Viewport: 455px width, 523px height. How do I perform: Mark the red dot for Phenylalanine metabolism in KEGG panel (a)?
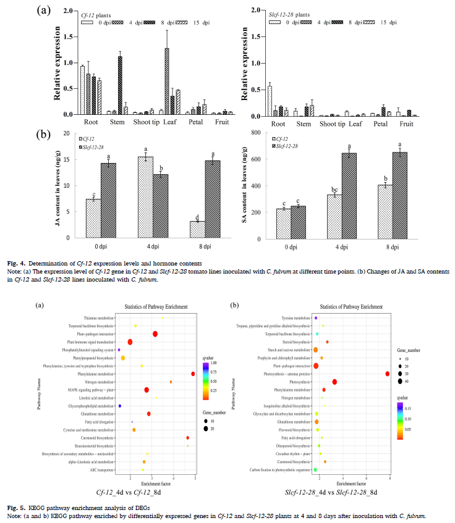coord(193,374)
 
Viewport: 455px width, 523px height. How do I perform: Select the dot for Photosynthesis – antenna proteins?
coord(388,374)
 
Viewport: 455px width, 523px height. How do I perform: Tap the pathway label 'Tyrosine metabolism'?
coord(294,317)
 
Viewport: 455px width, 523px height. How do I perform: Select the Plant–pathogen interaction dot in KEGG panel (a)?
coord(155,334)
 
